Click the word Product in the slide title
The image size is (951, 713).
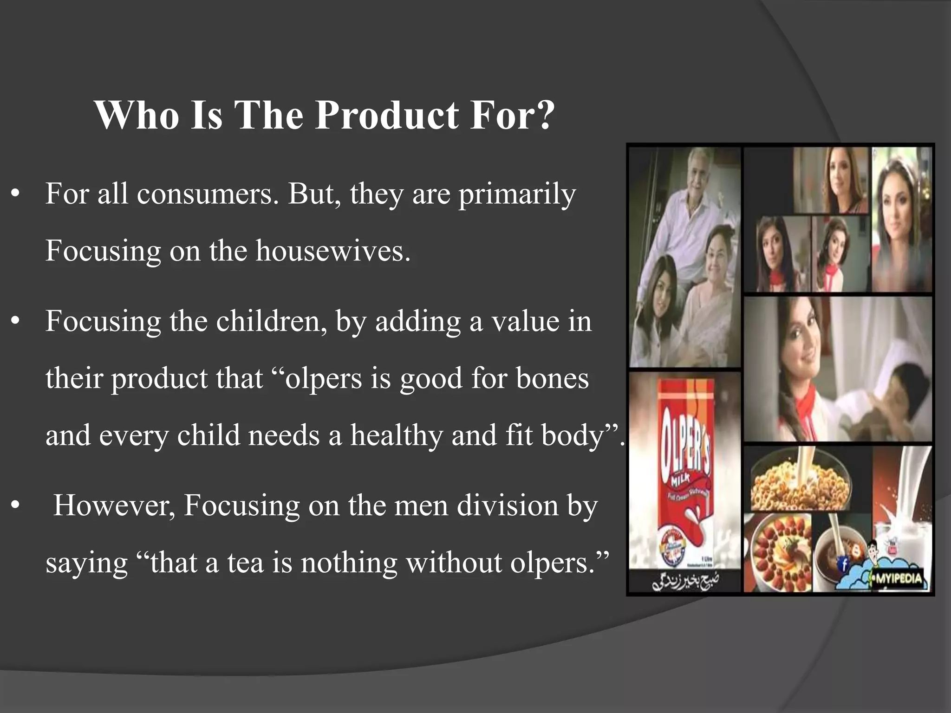pyautogui.click(x=388, y=116)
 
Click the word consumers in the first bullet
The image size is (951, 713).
pyautogui.click(x=207, y=194)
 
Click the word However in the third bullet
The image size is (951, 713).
pyautogui.click(x=114, y=505)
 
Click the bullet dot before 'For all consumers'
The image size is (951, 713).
pyautogui.click(x=16, y=194)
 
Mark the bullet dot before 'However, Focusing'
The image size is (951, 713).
pyautogui.click(x=16, y=506)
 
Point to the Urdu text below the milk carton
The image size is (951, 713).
pyautogui.click(x=685, y=583)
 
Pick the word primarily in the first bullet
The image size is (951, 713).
pyautogui.click(x=517, y=194)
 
